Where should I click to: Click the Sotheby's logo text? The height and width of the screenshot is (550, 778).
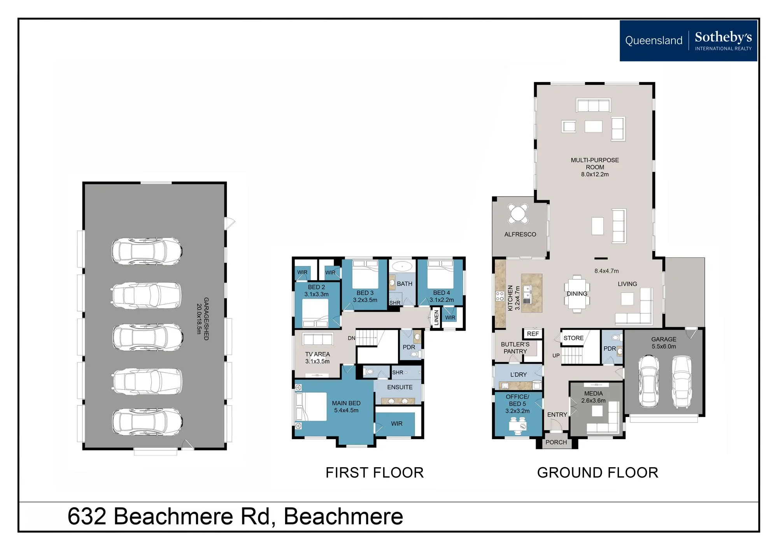pos(723,37)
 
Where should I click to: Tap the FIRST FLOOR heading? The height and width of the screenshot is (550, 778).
pos(375,473)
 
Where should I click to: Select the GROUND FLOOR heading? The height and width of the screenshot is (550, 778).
pos(598,473)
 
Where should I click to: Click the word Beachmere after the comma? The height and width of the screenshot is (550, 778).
pos(343,517)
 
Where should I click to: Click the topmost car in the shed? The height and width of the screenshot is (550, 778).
pos(147,251)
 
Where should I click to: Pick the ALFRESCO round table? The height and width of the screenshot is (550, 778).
pos(518,214)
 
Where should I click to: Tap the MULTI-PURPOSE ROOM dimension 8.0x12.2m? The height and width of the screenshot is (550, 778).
pos(595,174)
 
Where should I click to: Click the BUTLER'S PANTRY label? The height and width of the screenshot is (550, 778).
pos(515,348)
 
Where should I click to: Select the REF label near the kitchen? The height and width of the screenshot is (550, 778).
pos(533,334)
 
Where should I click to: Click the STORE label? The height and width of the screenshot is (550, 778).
pos(573,338)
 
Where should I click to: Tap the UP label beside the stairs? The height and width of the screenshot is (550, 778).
pos(556,356)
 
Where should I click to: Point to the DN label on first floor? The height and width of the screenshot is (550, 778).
pos(351,338)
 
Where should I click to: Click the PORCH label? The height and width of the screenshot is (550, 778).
pos(556,442)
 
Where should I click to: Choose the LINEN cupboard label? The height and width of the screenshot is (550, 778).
pos(436,318)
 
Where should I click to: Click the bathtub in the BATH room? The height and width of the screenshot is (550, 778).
pos(402,266)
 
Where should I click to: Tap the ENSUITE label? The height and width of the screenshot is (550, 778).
pos(400,387)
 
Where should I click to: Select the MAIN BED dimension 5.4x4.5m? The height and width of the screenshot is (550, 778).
pos(346,410)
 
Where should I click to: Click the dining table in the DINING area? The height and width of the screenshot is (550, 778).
pos(576,294)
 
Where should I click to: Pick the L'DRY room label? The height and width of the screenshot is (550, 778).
pos(519,375)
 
